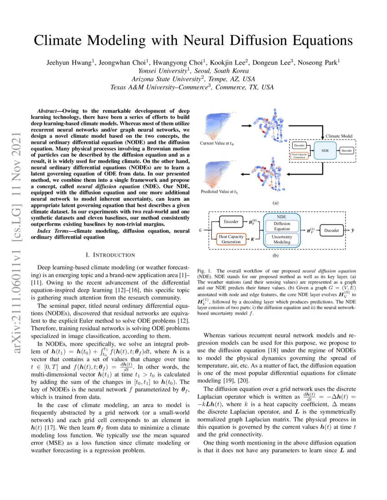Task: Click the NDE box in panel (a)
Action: pyautogui.click(x=325, y=150)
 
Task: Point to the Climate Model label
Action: pyautogui.click(x=339, y=136)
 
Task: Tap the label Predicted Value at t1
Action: pyautogui.click(x=221, y=192)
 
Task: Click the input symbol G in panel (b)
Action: pyautogui.click(x=200, y=230)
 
